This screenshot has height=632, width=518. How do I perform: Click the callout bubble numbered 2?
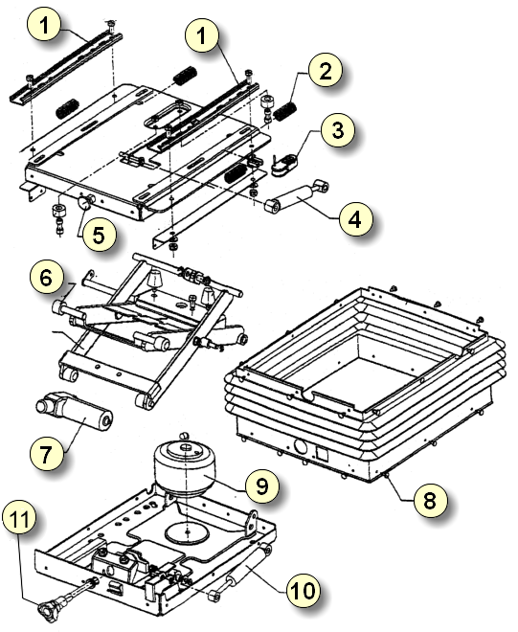[x=326, y=70]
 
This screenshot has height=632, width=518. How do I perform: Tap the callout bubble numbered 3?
[x=338, y=130]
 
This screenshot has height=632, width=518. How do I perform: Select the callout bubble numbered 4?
[x=355, y=219]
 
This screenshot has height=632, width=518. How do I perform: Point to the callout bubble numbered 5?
[x=100, y=234]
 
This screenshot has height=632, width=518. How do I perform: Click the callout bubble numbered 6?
[x=46, y=278]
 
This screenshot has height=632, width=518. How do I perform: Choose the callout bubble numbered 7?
[x=46, y=454]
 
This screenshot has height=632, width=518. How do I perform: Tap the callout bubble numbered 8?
[x=430, y=500]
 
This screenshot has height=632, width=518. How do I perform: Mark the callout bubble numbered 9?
[x=262, y=485]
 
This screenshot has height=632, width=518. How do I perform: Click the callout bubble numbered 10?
[x=304, y=590]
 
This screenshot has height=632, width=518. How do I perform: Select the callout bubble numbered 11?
[x=18, y=518]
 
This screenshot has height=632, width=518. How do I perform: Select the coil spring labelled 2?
[x=285, y=110]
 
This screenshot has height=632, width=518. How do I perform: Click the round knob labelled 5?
[x=85, y=201]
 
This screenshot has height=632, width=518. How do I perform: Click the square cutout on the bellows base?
[x=322, y=453]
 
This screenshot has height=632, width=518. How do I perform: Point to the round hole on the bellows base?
[x=301, y=446]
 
